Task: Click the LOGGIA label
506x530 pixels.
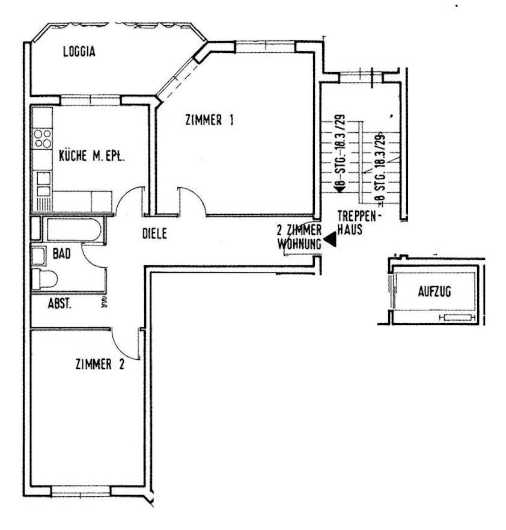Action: click(79, 52)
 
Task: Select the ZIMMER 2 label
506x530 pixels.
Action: click(100, 363)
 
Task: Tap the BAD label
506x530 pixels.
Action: click(61, 254)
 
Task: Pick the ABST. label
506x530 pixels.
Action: click(59, 304)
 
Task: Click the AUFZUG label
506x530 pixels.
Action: click(434, 292)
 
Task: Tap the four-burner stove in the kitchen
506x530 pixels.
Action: click(43, 138)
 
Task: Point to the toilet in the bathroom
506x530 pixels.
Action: click(44, 279)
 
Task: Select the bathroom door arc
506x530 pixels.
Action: click(94, 257)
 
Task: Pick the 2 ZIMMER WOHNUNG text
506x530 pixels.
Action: click(299, 237)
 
